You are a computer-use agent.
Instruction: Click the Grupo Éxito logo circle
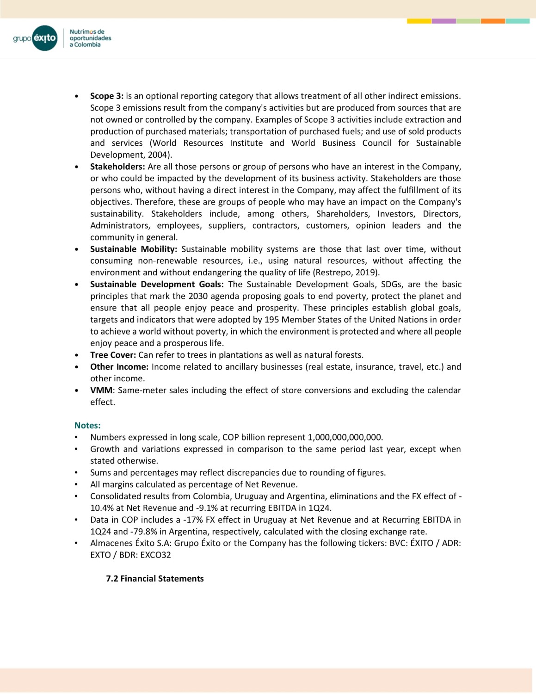[x=45, y=38]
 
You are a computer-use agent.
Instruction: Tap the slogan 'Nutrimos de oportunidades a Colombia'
[x=90, y=38]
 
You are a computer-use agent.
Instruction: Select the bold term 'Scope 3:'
[x=107, y=96]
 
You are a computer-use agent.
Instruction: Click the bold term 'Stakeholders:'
[x=117, y=167]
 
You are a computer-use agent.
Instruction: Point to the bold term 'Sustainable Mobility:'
[x=134, y=249]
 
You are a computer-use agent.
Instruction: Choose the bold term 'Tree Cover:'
[x=113, y=355]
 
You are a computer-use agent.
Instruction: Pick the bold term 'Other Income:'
[x=119, y=367]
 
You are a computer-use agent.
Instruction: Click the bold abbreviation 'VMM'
[x=101, y=390]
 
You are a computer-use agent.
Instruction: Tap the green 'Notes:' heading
[x=87, y=426]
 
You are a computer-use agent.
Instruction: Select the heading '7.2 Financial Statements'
[x=155, y=579]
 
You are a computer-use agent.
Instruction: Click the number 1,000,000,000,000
[x=345, y=437]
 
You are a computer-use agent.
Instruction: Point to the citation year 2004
[x=157, y=155]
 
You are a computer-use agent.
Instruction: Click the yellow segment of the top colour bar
[x=419, y=21]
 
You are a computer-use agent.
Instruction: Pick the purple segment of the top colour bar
[x=444, y=21]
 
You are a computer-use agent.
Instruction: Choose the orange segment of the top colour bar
[x=493, y=21]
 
